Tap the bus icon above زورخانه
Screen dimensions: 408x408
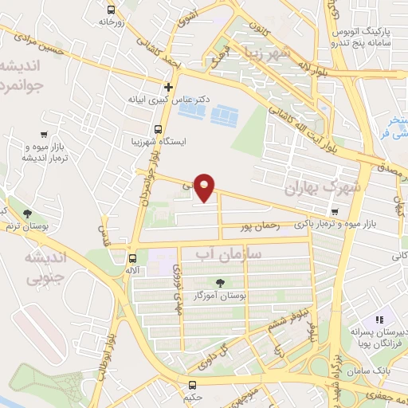110,11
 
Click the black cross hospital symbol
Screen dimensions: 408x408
168,87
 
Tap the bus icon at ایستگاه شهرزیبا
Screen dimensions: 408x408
158,129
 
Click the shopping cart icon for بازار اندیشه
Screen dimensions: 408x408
41,137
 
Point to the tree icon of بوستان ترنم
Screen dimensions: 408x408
29,214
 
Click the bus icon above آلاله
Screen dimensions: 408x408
132,258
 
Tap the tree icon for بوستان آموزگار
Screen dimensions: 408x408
220,282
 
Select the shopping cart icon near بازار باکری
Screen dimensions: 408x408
334,212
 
